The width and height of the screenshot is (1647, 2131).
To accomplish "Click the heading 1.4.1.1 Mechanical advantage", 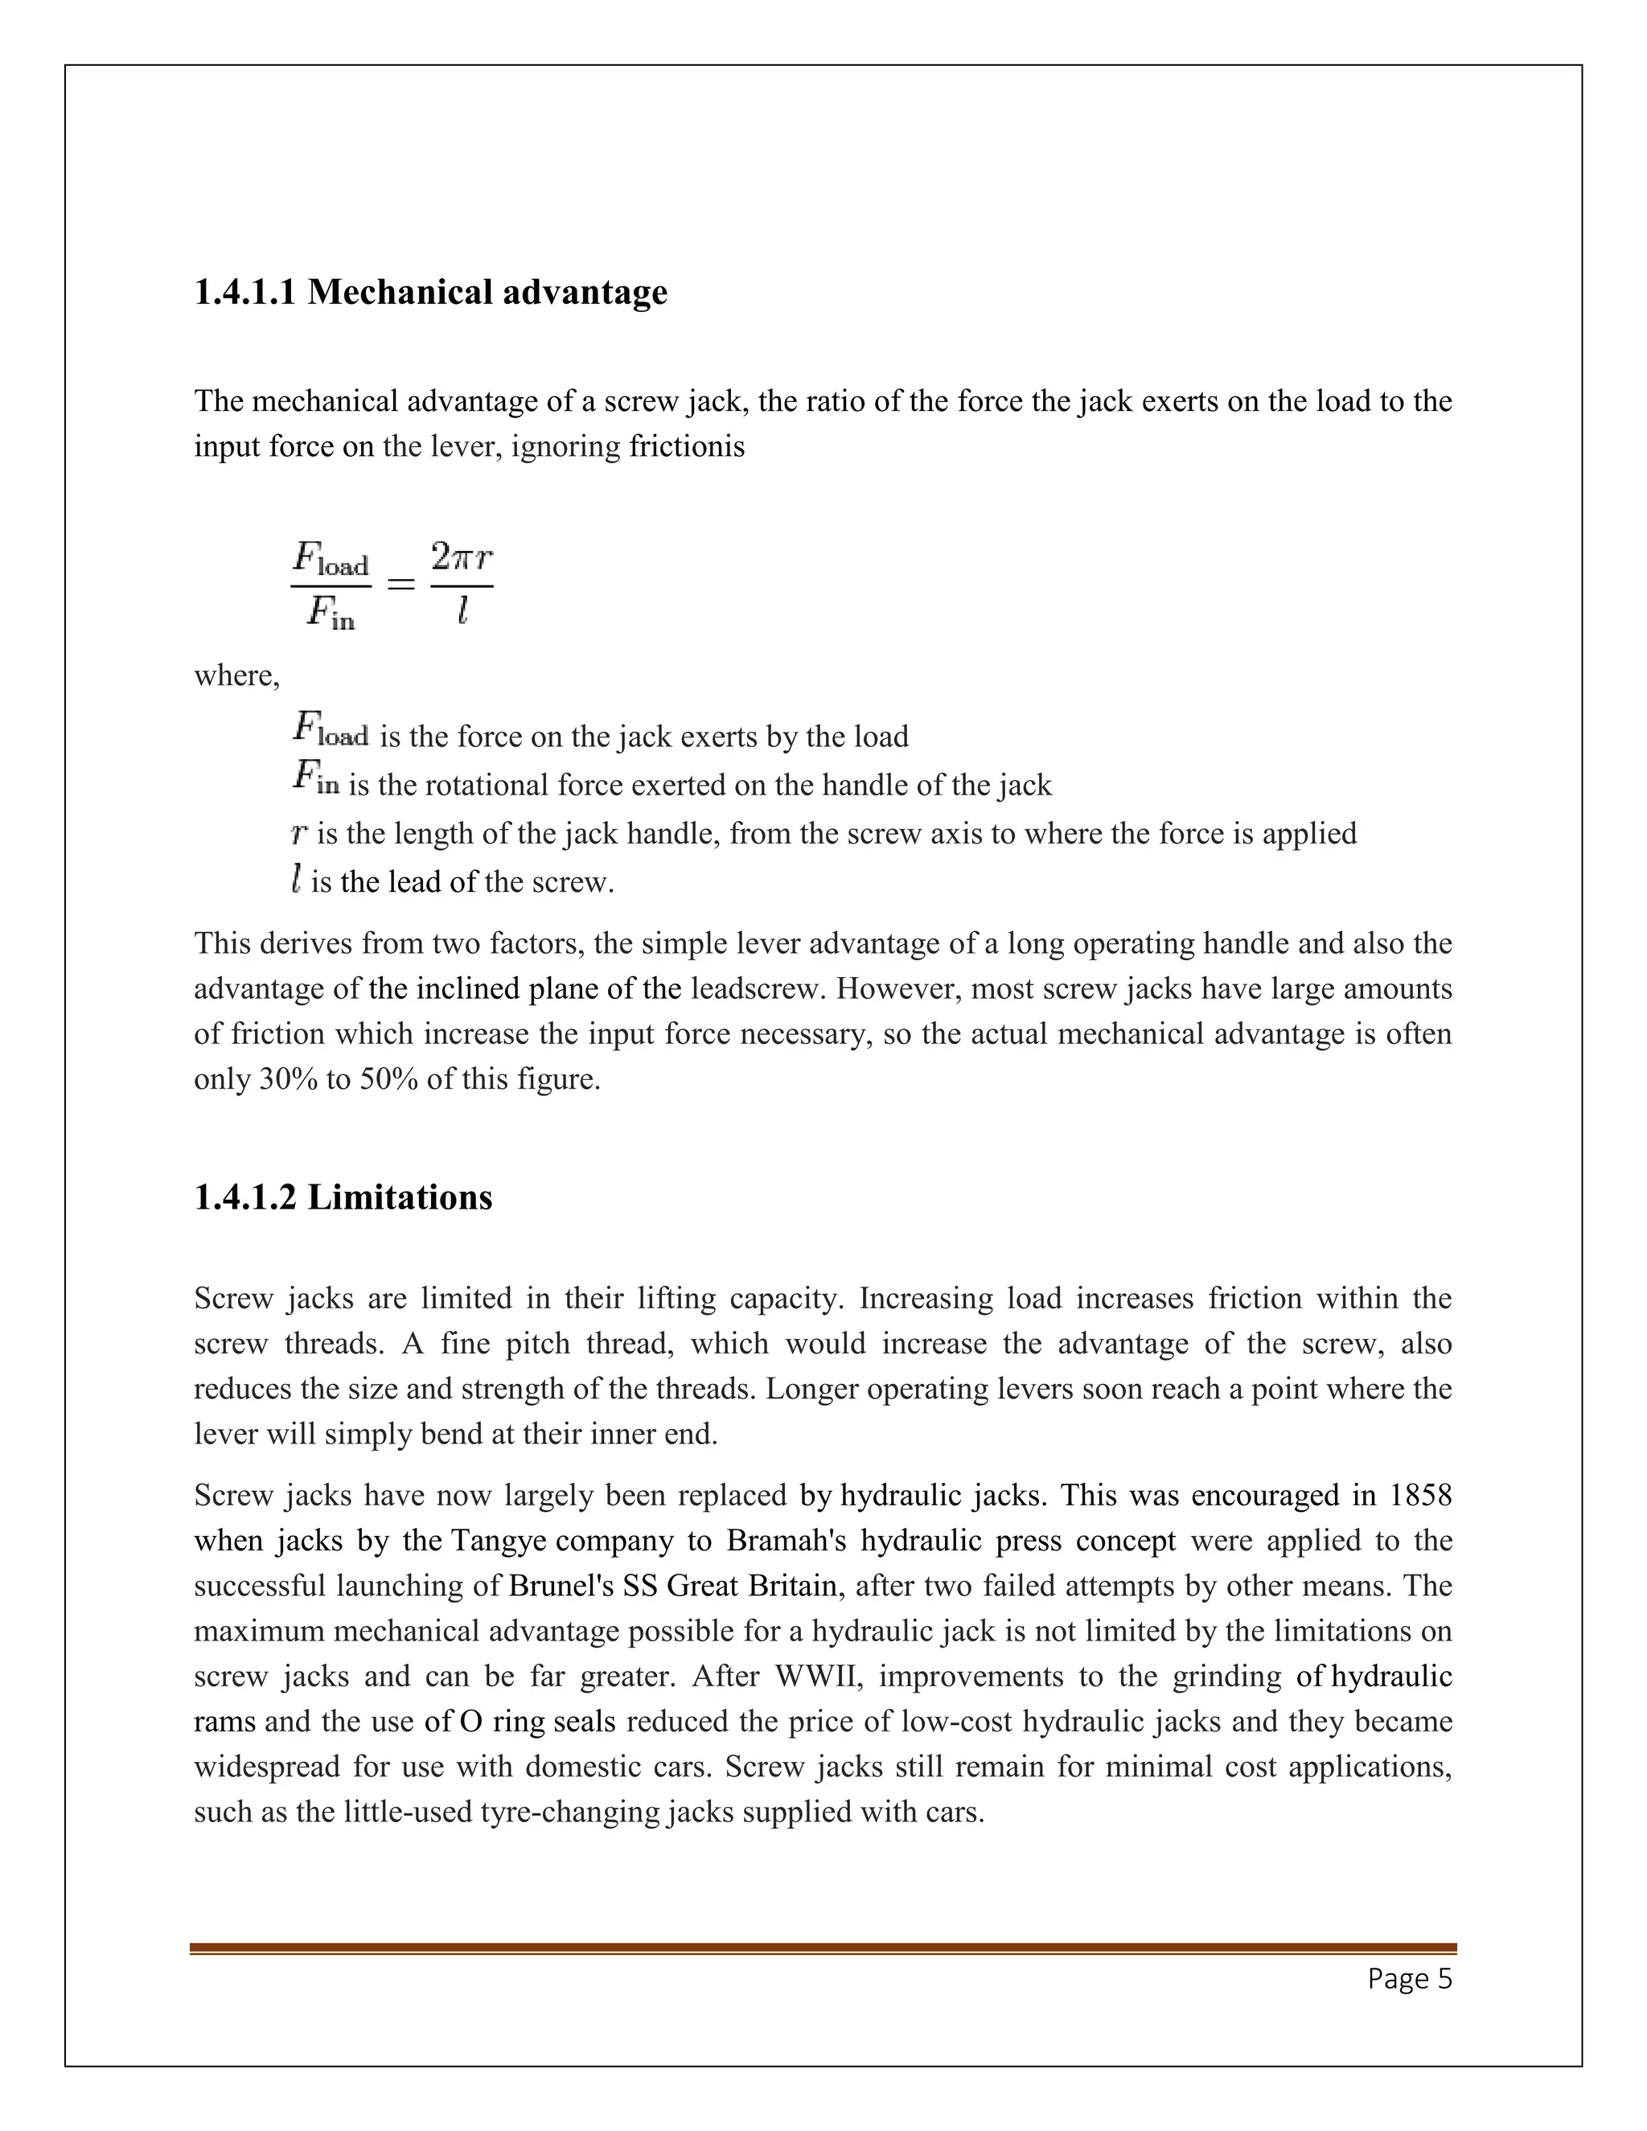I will point(430,292).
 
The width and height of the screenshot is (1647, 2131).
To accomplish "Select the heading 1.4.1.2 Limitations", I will point(343,1197).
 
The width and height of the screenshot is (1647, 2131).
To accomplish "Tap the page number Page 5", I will point(1409,1979).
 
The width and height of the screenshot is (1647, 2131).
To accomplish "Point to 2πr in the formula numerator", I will point(462,558).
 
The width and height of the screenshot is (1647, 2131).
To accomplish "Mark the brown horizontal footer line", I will point(823,1948).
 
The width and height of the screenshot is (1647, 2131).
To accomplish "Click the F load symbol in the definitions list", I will point(330,730).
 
